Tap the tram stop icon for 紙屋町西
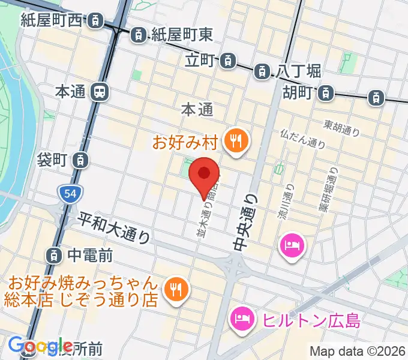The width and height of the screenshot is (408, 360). pos(95,21)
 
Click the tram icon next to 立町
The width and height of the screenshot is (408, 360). pos(227,61)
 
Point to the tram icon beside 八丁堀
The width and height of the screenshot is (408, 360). pos(262,71)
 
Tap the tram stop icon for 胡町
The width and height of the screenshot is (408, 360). pos(325,93)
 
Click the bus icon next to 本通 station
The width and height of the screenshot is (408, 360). pos(99,92)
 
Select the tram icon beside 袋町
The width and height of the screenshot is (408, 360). pos(80,160)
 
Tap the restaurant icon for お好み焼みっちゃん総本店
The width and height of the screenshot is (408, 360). pos(176,288)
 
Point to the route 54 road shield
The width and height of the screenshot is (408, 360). pos(67,193)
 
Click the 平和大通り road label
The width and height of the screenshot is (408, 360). pos(114,227)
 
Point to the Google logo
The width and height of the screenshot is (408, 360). pos(41,346)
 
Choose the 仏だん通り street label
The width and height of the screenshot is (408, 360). pos(302,139)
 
